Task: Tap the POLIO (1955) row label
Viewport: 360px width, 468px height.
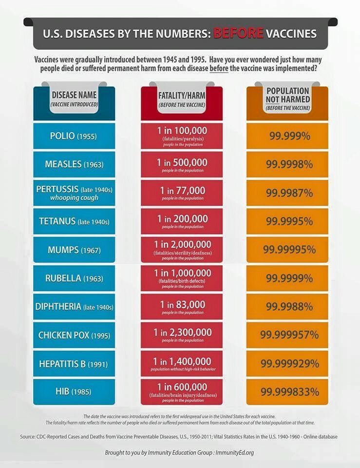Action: [x=74, y=136]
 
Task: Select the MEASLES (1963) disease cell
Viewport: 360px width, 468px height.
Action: [x=74, y=164]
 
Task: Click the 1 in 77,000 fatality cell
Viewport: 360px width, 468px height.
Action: [x=182, y=193]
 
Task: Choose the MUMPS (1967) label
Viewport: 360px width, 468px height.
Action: [x=74, y=250]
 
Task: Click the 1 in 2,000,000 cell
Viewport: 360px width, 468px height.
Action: [x=182, y=250]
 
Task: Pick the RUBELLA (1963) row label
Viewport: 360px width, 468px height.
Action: [x=74, y=278]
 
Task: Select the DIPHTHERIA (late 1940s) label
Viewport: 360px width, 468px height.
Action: [x=74, y=307]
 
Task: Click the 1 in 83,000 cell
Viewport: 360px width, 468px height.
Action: [x=182, y=307]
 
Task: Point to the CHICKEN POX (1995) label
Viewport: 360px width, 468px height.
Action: [x=74, y=335]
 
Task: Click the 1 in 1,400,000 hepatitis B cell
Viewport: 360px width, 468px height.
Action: [x=182, y=363]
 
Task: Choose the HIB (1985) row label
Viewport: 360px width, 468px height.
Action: [x=74, y=391]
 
